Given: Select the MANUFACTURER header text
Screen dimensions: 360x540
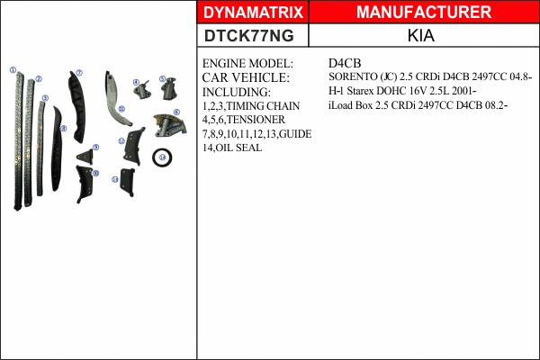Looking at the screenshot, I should click(x=424, y=12).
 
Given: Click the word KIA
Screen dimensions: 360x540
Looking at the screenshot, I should click(x=423, y=36).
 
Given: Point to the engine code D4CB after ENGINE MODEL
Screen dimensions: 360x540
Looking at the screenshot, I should click(x=346, y=65).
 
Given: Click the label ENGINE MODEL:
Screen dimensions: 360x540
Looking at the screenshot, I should click(x=247, y=65).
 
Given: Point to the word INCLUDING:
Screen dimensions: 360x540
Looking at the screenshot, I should click(x=236, y=92).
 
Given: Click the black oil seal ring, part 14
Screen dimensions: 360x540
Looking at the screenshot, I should click(x=162, y=157).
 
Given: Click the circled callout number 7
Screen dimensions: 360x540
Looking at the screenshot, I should click(x=79, y=73).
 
